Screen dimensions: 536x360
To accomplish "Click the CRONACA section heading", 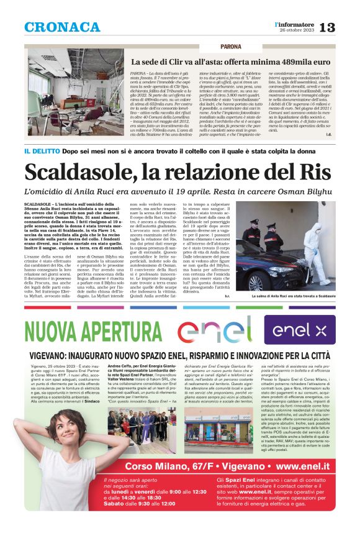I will (x=62, y=27).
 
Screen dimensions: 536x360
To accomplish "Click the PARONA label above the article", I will (x=230, y=47).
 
